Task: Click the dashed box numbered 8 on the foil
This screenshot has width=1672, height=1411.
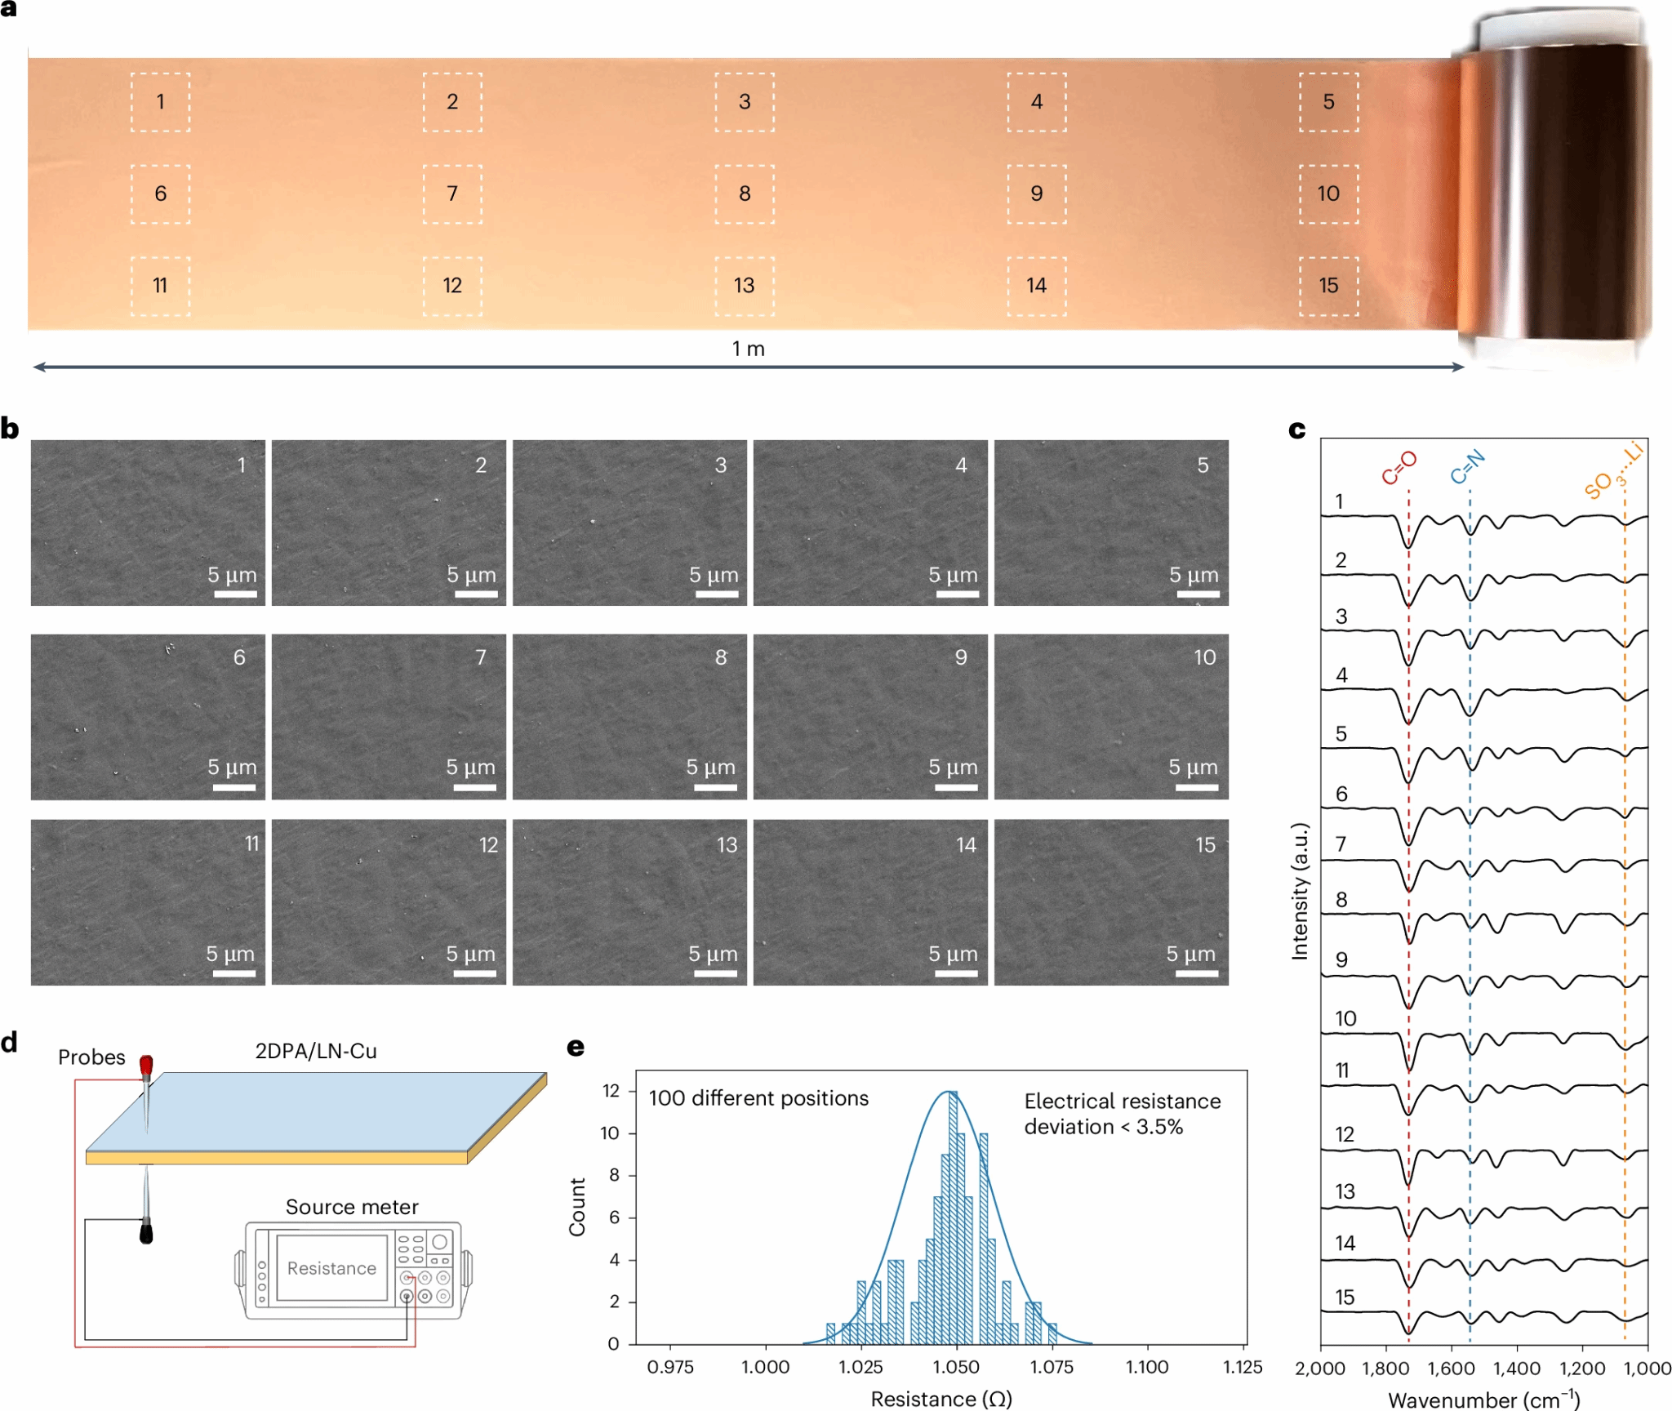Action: tap(745, 194)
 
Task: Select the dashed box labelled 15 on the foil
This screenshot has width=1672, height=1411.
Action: tap(1328, 286)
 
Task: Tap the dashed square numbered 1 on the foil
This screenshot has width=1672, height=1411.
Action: tap(160, 102)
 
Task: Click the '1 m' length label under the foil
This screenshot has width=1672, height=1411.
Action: tap(748, 349)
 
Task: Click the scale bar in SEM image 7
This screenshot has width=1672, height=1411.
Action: tap(474, 787)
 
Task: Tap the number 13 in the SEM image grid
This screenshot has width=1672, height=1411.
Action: tap(727, 845)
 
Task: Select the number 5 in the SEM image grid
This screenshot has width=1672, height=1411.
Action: tap(1203, 465)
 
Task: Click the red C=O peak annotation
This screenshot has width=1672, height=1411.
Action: tap(1399, 469)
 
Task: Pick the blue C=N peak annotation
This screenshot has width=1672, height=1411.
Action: tap(1467, 467)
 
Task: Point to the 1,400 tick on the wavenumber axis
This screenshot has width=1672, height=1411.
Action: tap(1517, 1369)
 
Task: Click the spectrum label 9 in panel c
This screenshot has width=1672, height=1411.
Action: tap(1341, 960)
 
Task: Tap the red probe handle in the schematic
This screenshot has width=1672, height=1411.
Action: tap(146, 1066)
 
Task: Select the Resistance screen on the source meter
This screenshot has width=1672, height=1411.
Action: tap(331, 1268)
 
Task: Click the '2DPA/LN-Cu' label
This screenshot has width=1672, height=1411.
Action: tap(316, 1051)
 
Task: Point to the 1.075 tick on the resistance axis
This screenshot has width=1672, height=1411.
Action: tap(1052, 1367)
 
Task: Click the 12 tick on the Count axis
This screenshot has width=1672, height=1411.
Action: tap(611, 1091)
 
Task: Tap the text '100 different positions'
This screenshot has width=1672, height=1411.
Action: tap(758, 1098)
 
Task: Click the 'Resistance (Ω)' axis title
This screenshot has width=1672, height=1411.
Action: tap(941, 1399)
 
